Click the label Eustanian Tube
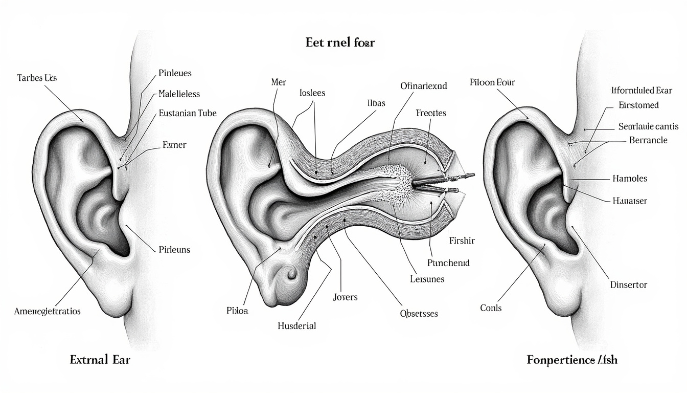tap(188, 113)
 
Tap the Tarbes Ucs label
tap(37, 78)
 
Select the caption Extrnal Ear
tap(100, 359)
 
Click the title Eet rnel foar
tap(340, 42)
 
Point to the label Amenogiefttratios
tap(48, 311)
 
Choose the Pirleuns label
tap(174, 250)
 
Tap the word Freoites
tap(431, 113)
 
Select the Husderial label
tap(297, 325)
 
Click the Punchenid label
tap(448, 263)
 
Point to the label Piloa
tap(237, 311)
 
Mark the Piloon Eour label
tap(492, 82)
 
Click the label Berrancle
tap(648, 140)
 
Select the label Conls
tap(491, 308)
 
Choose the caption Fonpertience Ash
tap(572, 360)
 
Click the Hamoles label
tap(629, 179)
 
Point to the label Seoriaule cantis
tap(648, 126)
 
